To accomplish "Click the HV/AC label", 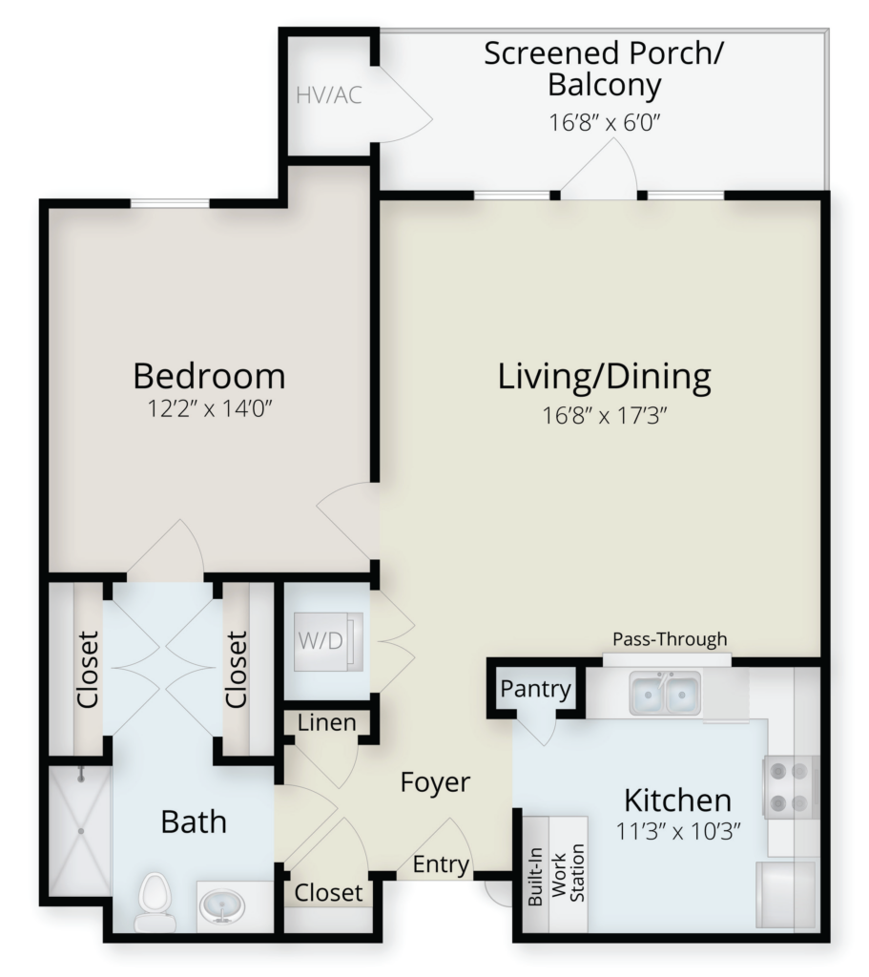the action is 329,95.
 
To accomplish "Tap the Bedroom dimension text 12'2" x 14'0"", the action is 210,408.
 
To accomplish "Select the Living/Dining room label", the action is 604,377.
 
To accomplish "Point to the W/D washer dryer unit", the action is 328,641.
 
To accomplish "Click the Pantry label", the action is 536,689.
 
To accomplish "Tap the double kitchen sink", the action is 664,693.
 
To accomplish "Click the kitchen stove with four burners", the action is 791,786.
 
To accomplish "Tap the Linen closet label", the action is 326,723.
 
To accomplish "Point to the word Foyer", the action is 435,782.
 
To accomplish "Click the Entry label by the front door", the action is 441,864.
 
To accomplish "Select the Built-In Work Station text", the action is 556,875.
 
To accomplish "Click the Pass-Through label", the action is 670,639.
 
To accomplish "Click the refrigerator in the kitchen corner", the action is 786,894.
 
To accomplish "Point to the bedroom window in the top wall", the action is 170,203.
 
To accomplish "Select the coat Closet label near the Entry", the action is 328,893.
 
